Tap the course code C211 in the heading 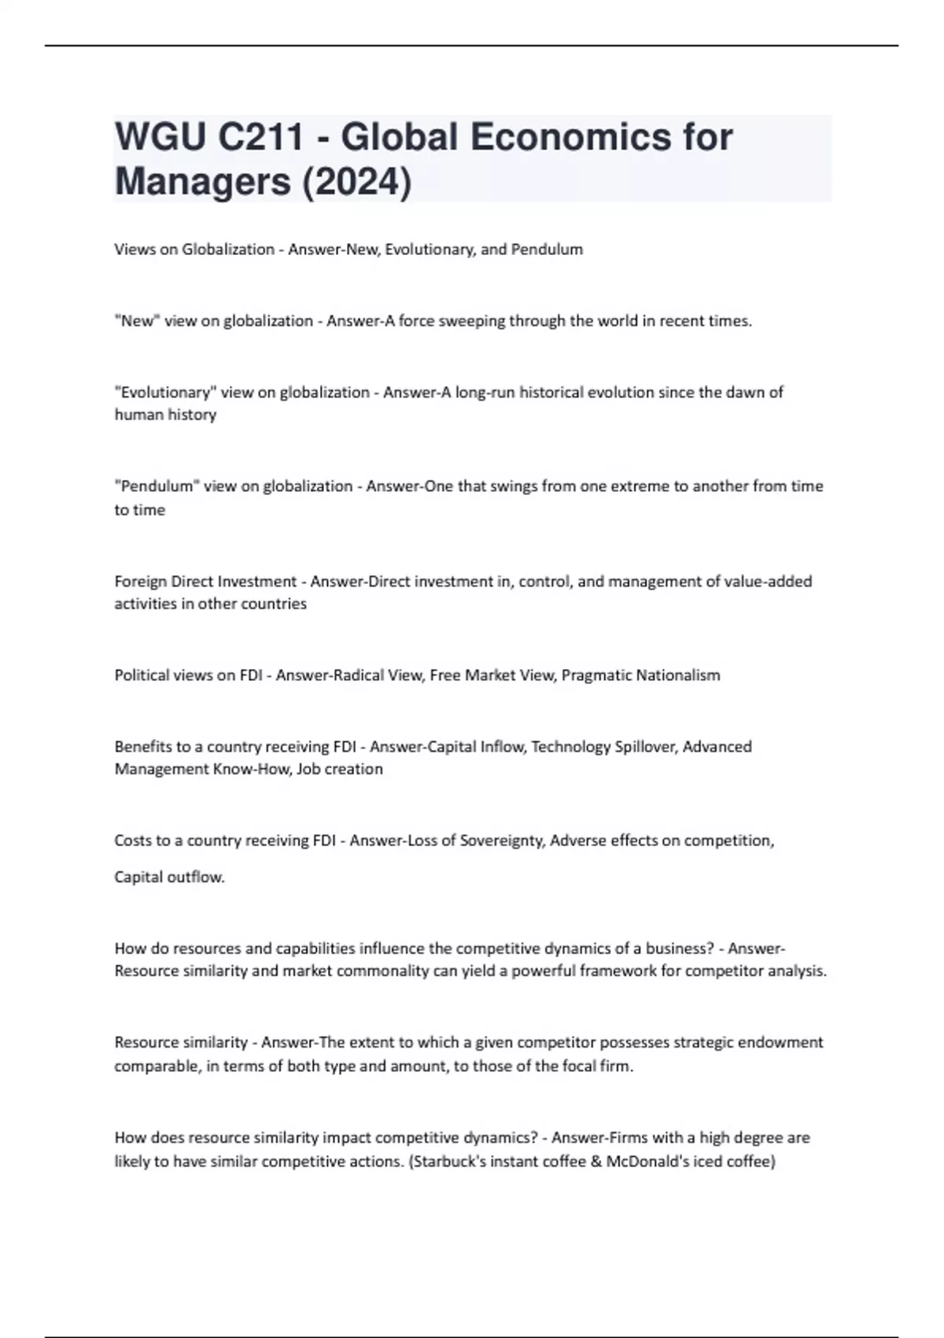[x=260, y=138]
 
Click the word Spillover [x=640, y=747]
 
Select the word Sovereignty [x=502, y=841]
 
